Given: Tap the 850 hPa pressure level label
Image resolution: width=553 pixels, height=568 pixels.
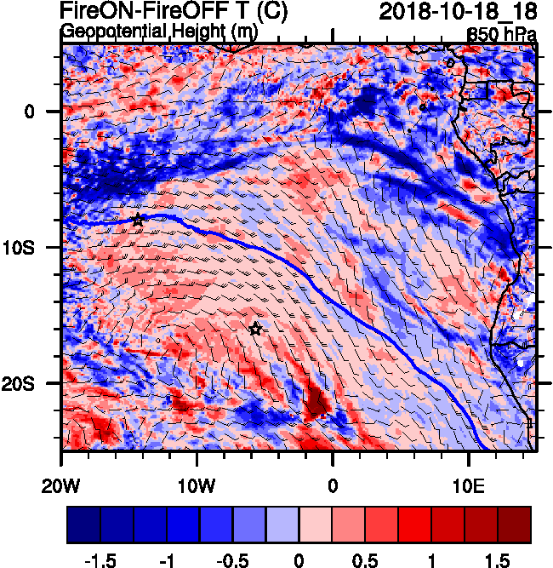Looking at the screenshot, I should (x=503, y=35).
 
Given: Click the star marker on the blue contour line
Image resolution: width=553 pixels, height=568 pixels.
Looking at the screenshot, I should (x=138, y=219).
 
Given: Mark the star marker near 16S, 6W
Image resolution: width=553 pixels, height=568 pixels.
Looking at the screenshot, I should (x=255, y=329).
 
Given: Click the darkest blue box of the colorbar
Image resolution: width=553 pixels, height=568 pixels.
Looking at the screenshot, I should (x=83, y=525).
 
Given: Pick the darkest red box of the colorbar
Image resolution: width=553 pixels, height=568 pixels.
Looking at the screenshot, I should (x=514, y=525).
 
